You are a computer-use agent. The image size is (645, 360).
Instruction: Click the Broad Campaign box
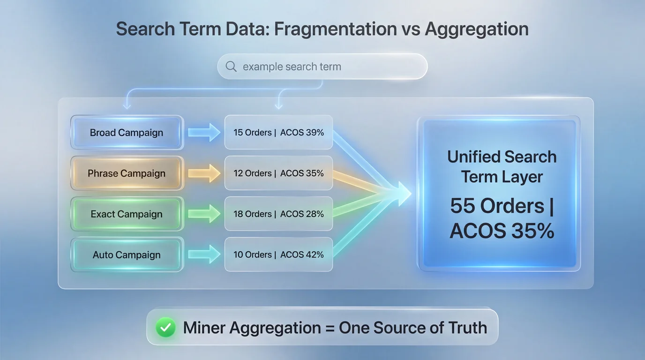coord(127,133)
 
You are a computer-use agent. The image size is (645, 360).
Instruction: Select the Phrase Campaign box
coord(127,173)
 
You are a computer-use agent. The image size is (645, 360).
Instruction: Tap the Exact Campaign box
coord(127,214)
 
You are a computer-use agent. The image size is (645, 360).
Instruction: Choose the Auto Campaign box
coord(127,255)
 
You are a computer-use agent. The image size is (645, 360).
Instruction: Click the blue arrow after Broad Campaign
coord(204,133)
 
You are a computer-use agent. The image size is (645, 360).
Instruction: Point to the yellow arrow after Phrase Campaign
coord(204,173)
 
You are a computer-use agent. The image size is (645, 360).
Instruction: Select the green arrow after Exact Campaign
coord(204,214)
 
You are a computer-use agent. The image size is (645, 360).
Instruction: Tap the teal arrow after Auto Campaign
coord(204,255)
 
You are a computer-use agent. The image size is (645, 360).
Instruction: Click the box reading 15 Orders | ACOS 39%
coord(278,133)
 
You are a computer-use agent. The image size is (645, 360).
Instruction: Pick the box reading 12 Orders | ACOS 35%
coord(278,173)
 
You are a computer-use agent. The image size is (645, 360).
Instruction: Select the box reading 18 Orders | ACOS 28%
coord(278,214)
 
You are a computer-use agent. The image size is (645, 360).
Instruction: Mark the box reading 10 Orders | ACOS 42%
coord(278,255)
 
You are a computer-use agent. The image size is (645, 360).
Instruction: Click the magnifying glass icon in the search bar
coord(231,67)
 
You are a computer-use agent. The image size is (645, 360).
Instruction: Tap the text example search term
coord(292,67)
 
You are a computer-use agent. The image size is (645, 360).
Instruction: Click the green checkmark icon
coord(165,328)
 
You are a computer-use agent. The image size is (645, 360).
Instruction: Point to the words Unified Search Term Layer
coord(502,167)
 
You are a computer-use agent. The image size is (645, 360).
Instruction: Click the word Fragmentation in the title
coord(335,29)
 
